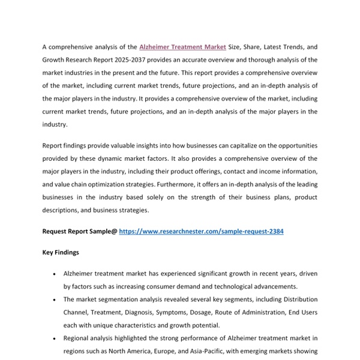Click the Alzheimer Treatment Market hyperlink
pos(182,46)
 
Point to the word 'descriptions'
pos(62,211)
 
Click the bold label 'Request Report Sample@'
pos(79,231)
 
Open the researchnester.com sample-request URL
pos(201,231)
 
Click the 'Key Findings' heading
pos(61,253)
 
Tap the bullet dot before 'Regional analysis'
pos(55,338)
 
